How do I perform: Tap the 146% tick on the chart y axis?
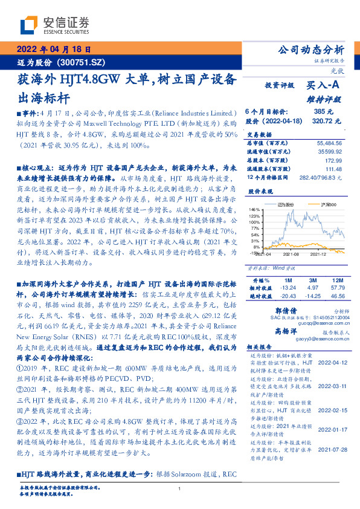click(254, 209)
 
